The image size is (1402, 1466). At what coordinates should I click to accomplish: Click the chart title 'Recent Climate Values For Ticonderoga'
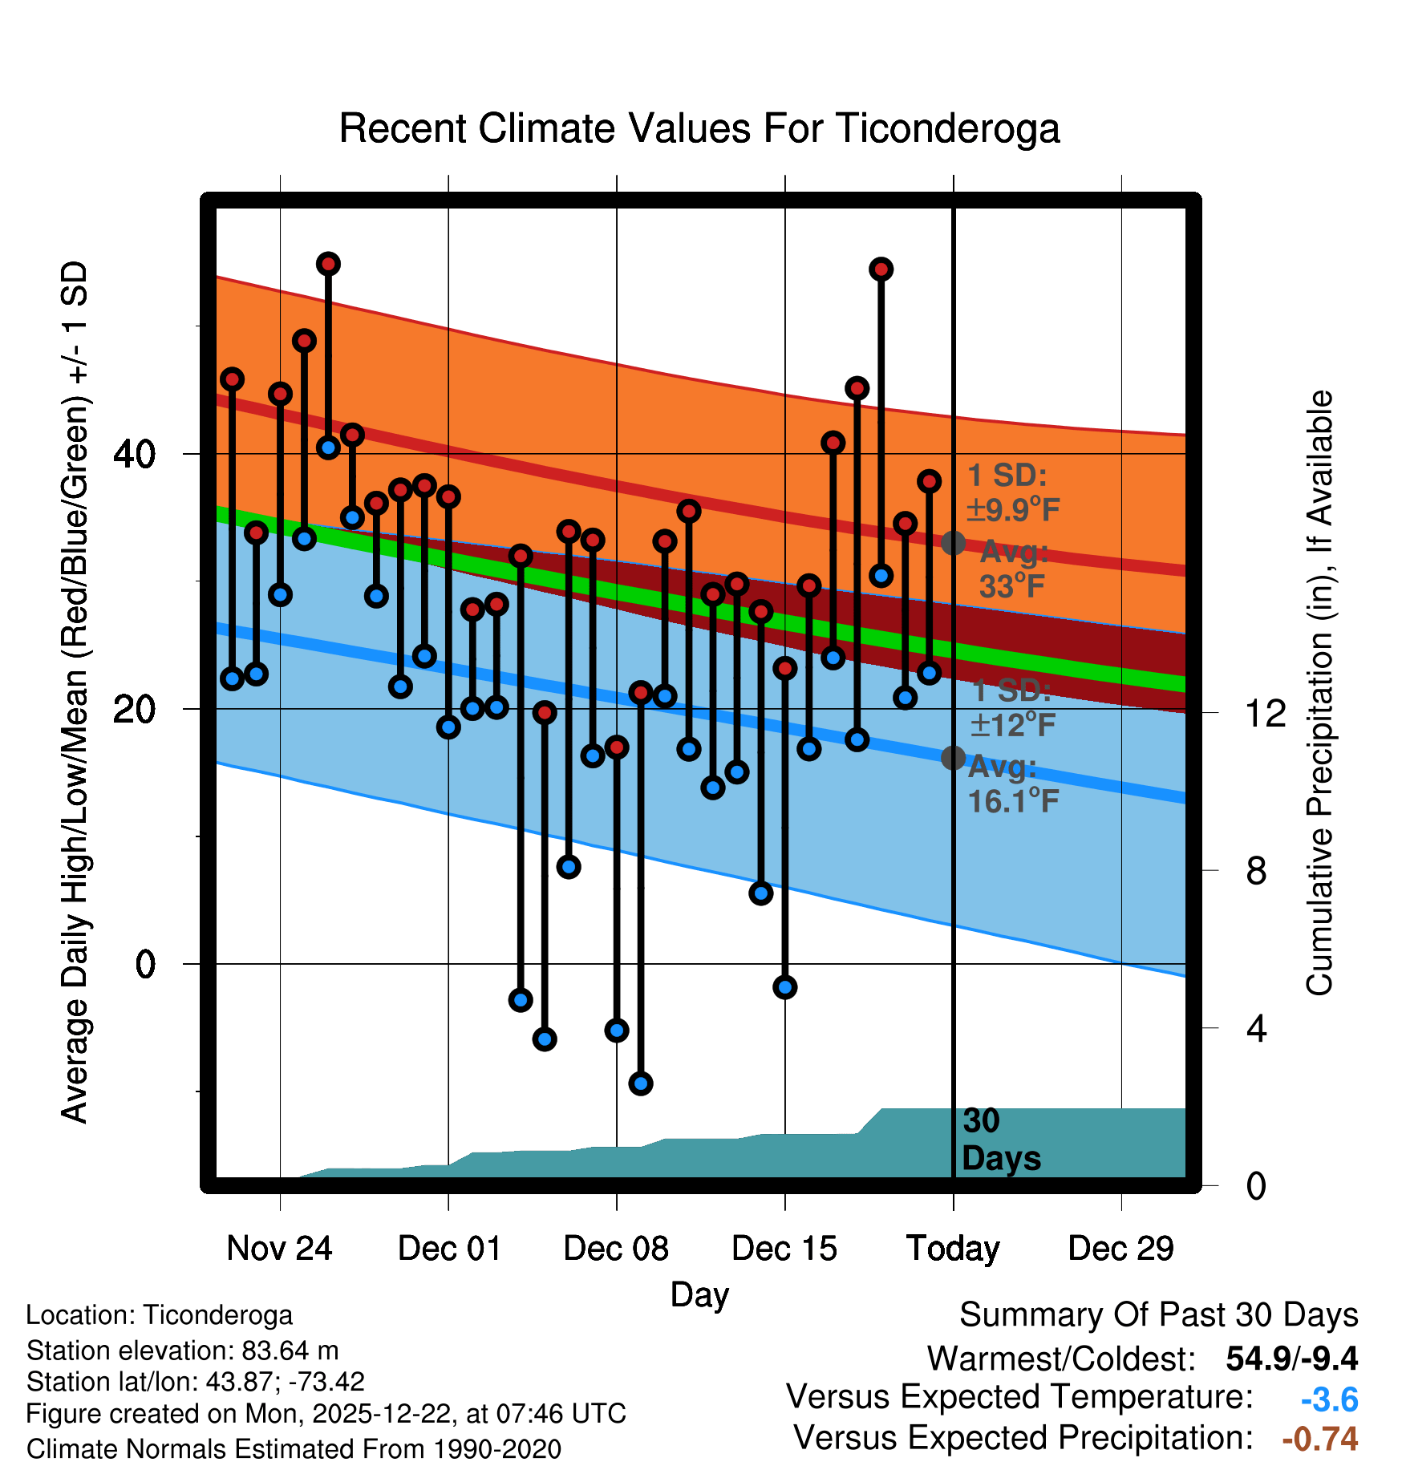coord(699,128)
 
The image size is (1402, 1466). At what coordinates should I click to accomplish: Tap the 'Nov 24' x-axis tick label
coord(279,1248)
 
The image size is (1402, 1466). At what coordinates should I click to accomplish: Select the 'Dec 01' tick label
coord(449,1248)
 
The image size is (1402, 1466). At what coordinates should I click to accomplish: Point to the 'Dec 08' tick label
coord(616,1248)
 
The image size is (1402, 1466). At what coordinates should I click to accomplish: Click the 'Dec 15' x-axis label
coord(784,1248)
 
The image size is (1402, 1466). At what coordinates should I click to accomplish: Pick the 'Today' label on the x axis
coord(953,1248)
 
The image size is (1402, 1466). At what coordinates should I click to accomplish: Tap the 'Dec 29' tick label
coord(1121,1248)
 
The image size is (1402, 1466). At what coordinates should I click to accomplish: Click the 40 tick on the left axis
coord(134,455)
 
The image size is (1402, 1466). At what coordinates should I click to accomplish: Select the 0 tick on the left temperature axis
coord(144,964)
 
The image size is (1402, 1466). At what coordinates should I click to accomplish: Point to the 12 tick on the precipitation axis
coord(1265,713)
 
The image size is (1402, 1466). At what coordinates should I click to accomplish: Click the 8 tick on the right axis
coord(1256,870)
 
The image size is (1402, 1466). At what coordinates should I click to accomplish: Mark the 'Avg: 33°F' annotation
coord(1012,569)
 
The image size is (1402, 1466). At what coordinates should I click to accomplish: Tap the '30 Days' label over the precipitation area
coord(1000,1140)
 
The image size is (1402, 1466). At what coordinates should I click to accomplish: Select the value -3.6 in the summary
coord(1329,1399)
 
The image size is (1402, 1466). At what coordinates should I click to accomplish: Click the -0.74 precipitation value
coord(1320,1439)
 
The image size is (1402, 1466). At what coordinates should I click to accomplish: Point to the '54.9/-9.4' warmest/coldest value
coord(1291,1359)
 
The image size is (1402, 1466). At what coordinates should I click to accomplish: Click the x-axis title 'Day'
coord(699,1294)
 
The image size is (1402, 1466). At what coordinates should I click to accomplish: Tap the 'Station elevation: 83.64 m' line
coord(182,1351)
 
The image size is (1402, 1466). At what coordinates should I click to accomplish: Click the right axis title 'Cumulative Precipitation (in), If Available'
coord(1319,693)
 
